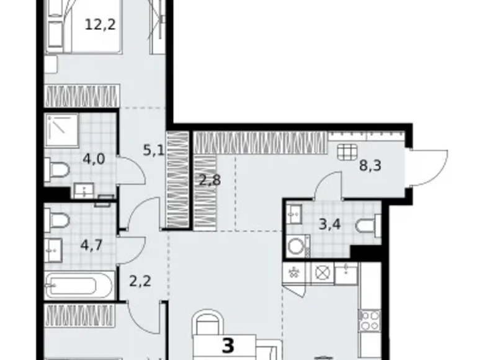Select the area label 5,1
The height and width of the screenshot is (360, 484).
[153, 150]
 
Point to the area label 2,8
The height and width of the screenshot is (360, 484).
[209, 181]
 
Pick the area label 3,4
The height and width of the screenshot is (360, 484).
[329, 224]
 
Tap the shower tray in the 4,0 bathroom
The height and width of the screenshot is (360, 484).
[61, 130]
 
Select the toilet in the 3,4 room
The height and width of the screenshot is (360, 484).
[367, 226]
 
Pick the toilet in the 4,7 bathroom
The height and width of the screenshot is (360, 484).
[57, 219]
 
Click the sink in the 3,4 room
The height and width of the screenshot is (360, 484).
[294, 214]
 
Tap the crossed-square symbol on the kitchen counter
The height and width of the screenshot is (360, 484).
[321, 272]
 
